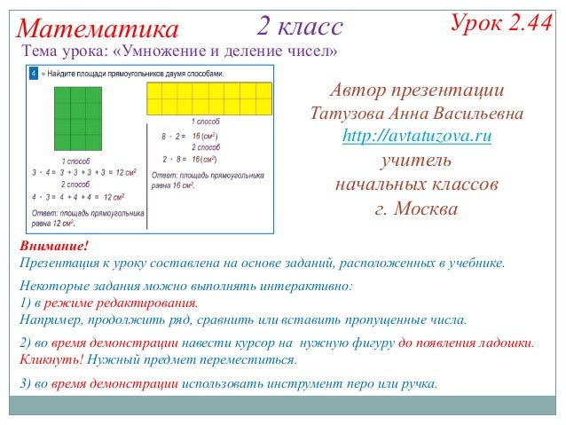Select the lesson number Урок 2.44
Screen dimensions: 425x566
[501, 24]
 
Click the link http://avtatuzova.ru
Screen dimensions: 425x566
[417, 138]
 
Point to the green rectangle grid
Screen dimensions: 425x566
[75, 117]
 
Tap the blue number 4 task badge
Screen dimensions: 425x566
[33, 73]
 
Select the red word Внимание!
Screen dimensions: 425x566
[54, 246]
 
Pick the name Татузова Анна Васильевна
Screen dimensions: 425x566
[417, 114]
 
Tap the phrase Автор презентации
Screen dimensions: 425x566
[417, 91]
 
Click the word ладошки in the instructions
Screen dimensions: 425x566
[504, 343]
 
